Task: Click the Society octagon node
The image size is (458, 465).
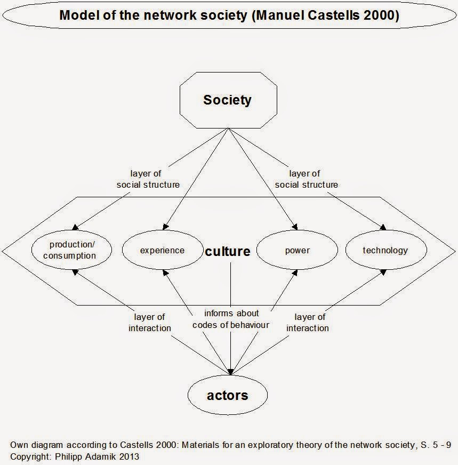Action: [227, 100]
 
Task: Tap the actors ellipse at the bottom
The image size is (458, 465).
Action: [227, 395]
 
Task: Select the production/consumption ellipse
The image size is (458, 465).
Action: [73, 250]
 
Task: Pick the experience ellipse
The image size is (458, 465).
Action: [162, 250]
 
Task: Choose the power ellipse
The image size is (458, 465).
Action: [297, 250]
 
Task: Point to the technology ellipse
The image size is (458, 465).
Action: [385, 250]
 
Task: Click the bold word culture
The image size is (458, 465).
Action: [228, 251]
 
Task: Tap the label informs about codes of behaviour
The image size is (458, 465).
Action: [231, 319]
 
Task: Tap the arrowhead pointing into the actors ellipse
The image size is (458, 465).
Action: [230, 372]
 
